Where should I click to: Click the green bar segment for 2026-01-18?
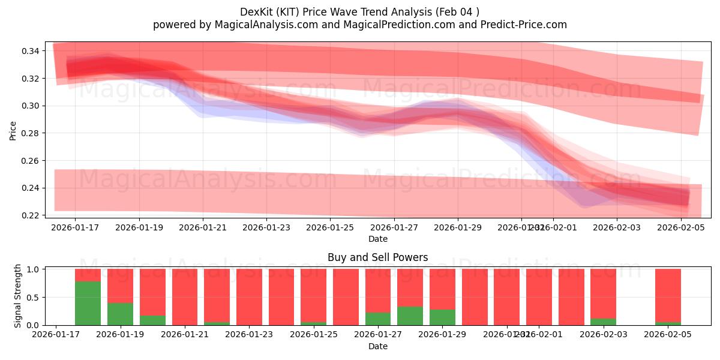pyautogui.click(x=88, y=303)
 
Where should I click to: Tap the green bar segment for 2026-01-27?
pyautogui.click(x=378, y=319)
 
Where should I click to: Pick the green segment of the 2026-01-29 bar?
pyautogui.click(x=442, y=317)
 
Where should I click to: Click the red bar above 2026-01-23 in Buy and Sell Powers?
pyautogui.click(x=249, y=297)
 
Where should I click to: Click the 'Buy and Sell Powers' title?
pyautogui.click(x=377, y=257)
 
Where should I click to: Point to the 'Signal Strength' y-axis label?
pyautogui.click(x=18, y=296)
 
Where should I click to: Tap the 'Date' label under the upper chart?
pyautogui.click(x=377, y=239)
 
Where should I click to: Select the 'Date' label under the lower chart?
pyautogui.click(x=377, y=346)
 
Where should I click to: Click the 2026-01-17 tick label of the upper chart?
pyautogui.click(x=75, y=228)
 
